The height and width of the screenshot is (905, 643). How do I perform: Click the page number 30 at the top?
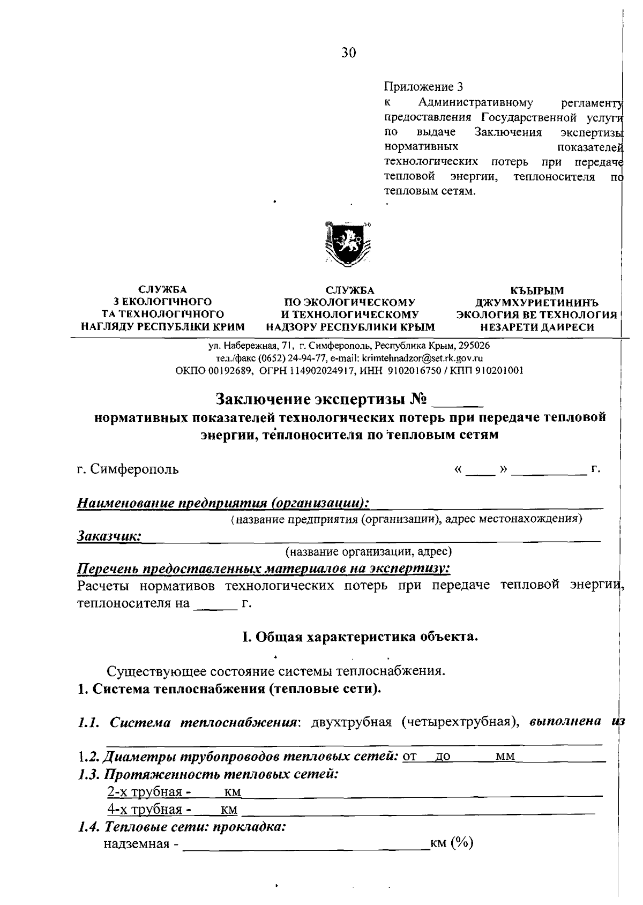[348, 53]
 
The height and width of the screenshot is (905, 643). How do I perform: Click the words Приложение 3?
[423, 87]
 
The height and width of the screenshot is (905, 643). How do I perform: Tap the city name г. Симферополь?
[128, 469]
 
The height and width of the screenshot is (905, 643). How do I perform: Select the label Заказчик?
[109, 536]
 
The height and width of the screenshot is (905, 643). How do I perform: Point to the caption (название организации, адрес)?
[369, 551]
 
